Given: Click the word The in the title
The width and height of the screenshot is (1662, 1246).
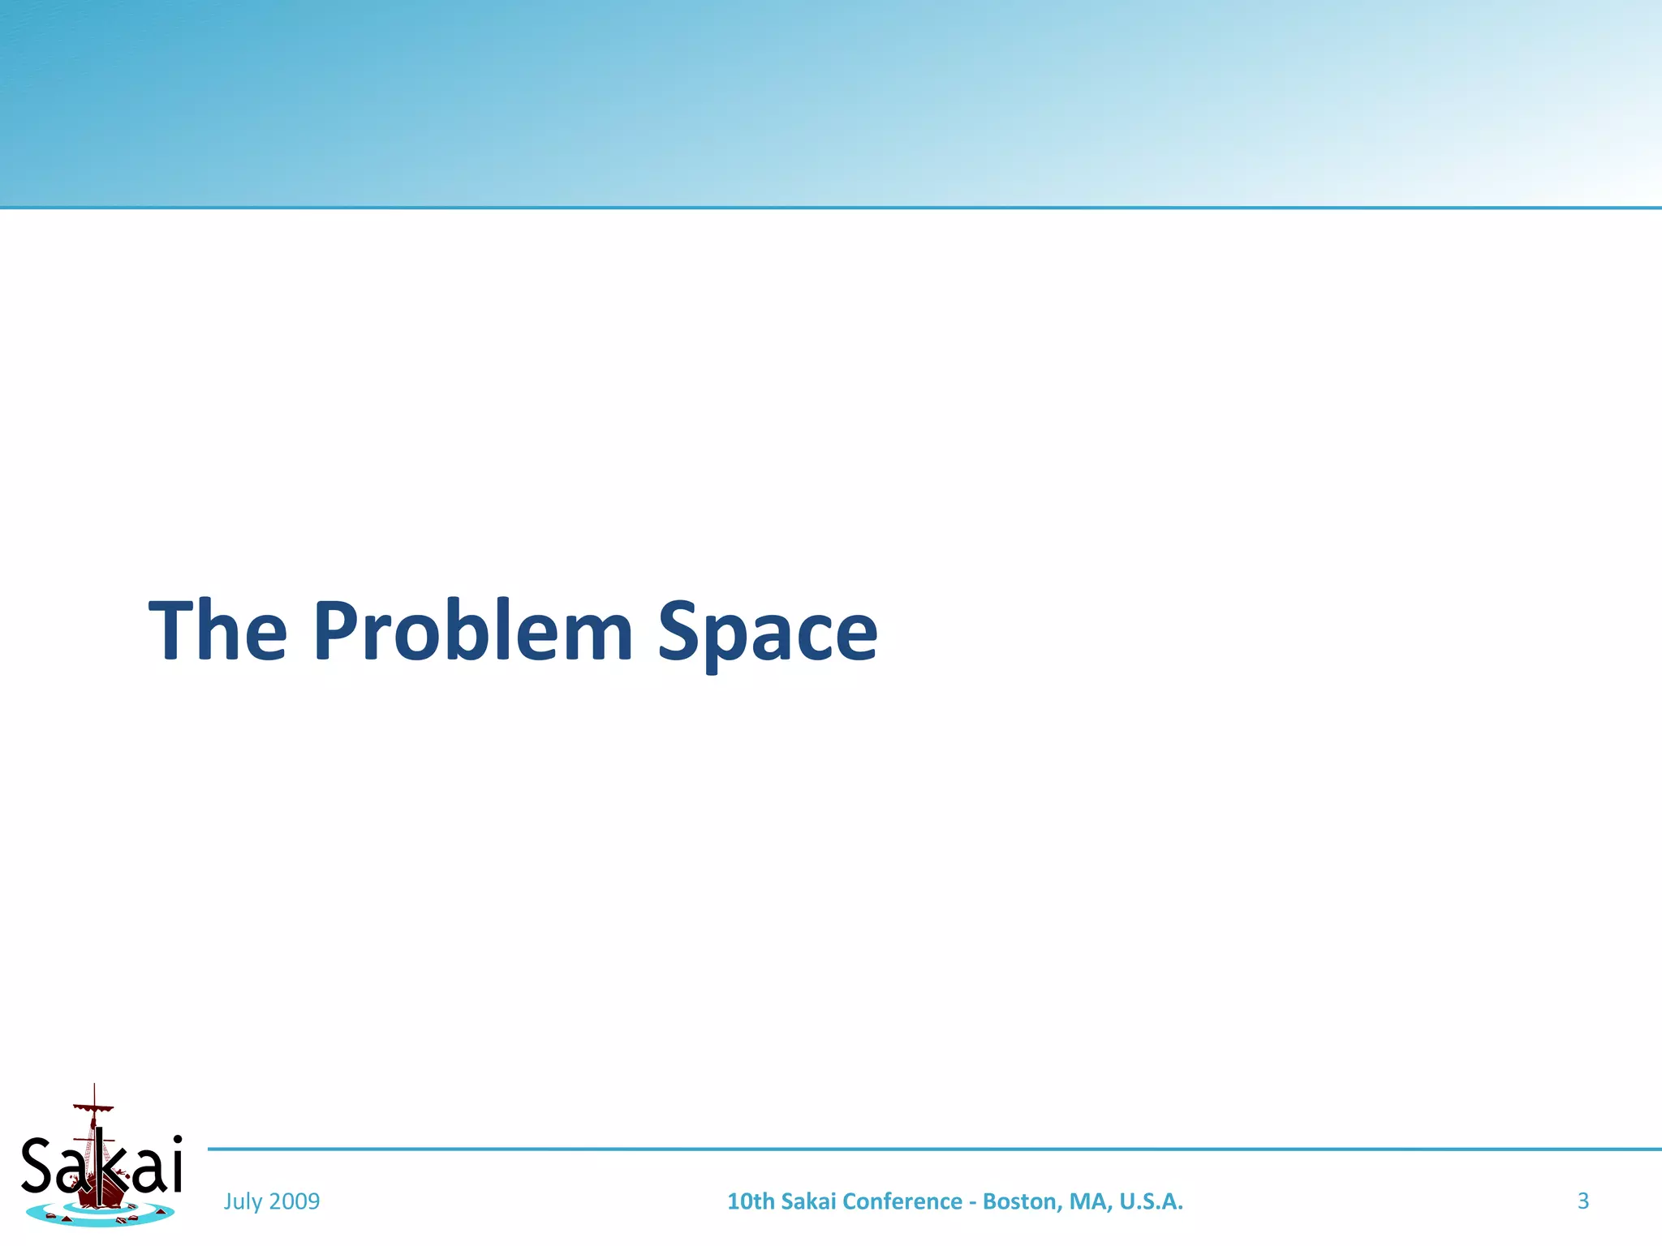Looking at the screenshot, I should point(217,630).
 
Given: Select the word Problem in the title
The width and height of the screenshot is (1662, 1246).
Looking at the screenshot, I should point(472,630).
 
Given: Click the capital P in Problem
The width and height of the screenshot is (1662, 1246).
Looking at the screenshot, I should point(335,630).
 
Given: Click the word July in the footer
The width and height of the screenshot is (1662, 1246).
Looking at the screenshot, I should point(242,1201).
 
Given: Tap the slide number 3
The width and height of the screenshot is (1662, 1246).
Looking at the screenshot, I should point(1582,1201).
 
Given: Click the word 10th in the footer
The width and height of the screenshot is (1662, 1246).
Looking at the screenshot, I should point(750,1201).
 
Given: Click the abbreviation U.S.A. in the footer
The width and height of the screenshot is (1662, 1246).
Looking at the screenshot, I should point(1151,1201).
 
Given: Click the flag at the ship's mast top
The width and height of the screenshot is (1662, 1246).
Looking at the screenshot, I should point(93,1107).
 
